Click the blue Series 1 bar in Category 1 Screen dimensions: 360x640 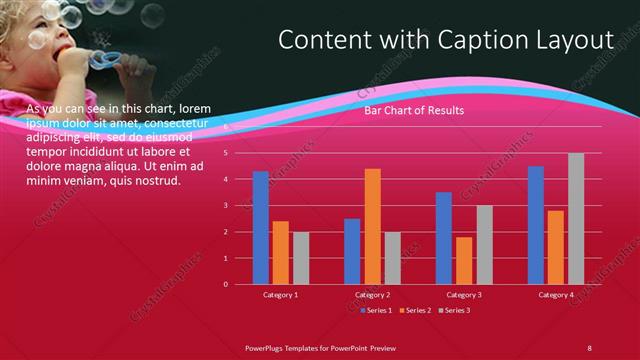click(x=261, y=228)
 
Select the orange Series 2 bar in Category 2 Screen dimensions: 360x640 click(x=372, y=227)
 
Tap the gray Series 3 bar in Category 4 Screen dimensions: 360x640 click(x=576, y=219)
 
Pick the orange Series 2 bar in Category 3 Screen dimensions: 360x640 click(x=464, y=261)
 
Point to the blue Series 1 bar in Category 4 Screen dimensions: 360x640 click(x=536, y=225)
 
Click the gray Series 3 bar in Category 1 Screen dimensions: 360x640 click(x=301, y=258)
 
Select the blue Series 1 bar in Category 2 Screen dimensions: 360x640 click(x=352, y=251)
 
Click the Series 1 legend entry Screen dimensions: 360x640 click(x=376, y=310)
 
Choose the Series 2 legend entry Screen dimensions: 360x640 click(x=415, y=310)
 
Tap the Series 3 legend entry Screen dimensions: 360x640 click(x=455, y=310)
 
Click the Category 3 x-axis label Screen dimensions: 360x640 click(x=464, y=295)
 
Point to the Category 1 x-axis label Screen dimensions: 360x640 click(x=280, y=295)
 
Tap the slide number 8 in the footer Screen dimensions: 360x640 click(x=589, y=347)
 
